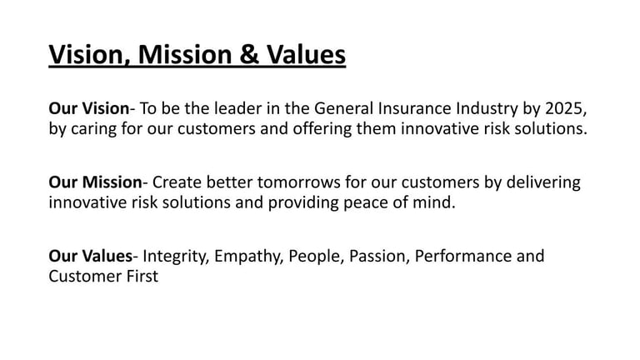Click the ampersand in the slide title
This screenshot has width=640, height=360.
click(x=249, y=54)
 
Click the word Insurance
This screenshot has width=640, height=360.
click(x=414, y=108)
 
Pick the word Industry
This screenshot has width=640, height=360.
click(x=487, y=109)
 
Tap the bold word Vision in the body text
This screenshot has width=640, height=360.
click(x=106, y=108)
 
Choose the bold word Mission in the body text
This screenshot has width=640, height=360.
click(x=112, y=182)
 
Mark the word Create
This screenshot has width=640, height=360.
click(x=177, y=182)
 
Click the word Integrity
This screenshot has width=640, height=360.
click(x=176, y=257)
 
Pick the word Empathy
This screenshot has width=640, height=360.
click(x=248, y=257)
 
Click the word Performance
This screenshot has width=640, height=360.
click(x=462, y=257)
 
